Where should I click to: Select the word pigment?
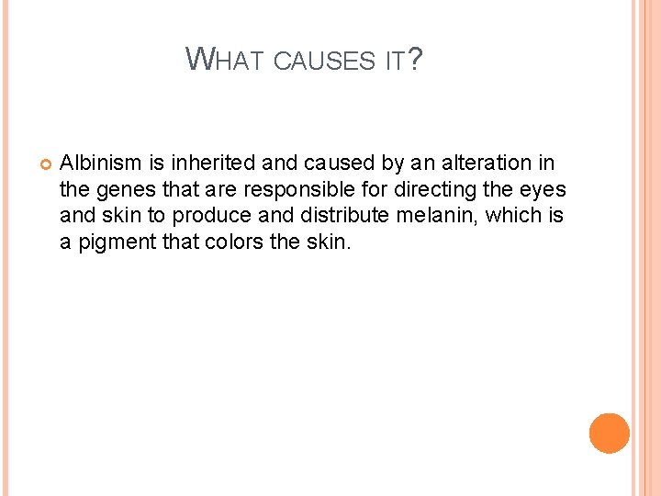pyautogui.click(x=110, y=242)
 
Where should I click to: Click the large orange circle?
pyautogui.click(x=609, y=433)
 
